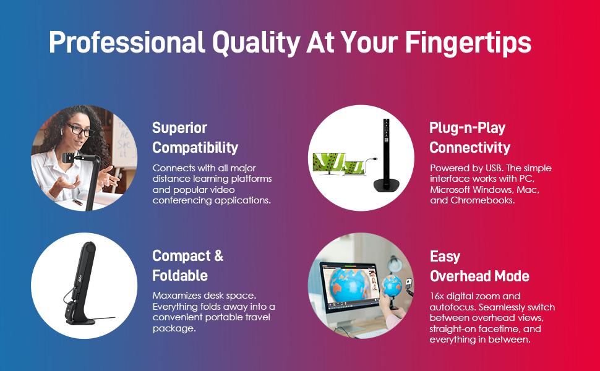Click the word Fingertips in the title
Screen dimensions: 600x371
pyautogui.click(x=468, y=43)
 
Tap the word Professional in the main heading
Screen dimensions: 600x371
pyautogui.click(x=127, y=41)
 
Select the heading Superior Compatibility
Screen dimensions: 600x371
pyautogui.click(x=195, y=138)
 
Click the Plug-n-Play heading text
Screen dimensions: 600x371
pyautogui.click(x=467, y=128)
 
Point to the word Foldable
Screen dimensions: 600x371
pyautogui.click(x=180, y=275)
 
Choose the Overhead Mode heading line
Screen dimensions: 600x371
pyautogui.click(x=479, y=276)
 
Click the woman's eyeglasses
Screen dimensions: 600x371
pyautogui.click(x=80, y=130)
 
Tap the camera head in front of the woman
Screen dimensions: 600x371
pyautogui.click(x=69, y=157)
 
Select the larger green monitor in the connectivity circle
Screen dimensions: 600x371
pyautogui.click(x=328, y=163)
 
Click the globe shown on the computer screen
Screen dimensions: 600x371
pyautogui.click(x=348, y=286)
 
